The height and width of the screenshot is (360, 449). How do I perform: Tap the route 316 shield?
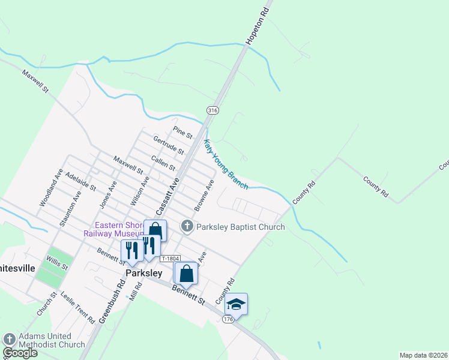pyautogui.click(x=212, y=110)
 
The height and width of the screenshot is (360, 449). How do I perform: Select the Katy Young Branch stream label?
pyautogui.click(x=225, y=165)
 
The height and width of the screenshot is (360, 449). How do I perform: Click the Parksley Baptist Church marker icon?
pyautogui.click(x=187, y=227)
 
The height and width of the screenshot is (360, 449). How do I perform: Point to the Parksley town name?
pyautogui.click(x=144, y=273)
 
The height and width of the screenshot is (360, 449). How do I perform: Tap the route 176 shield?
pyautogui.click(x=228, y=319)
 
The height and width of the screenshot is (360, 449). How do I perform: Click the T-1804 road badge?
pyautogui.click(x=170, y=259)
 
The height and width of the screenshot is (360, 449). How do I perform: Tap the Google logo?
pyautogui.click(x=20, y=353)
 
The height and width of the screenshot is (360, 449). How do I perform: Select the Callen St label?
pyautogui.click(x=163, y=163)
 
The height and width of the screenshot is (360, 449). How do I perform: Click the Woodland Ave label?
pyautogui.click(x=50, y=187)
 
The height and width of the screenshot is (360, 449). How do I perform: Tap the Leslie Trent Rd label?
pyautogui.click(x=77, y=310)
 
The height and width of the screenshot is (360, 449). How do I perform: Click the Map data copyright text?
pyautogui.click(x=424, y=355)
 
